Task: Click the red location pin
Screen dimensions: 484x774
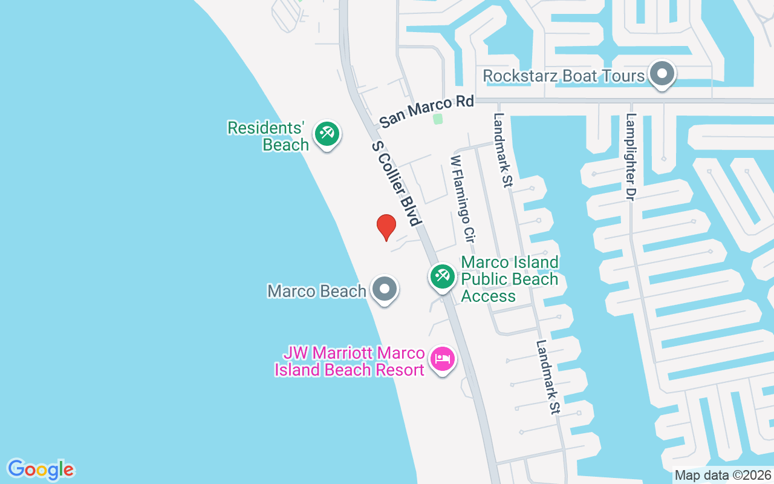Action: point(386,227)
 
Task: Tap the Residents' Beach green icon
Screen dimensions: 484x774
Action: point(327,133)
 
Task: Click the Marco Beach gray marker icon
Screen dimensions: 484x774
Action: point(384,290)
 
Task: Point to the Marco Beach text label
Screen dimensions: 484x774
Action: point(317,291)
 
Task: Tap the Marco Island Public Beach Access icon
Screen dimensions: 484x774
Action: point(442,276)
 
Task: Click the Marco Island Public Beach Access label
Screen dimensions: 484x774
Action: point(510,279)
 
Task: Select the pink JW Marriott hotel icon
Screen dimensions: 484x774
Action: point(443,359)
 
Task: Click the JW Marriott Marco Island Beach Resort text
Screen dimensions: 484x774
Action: point(350,361)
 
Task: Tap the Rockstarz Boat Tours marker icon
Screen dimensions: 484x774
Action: point(662,74)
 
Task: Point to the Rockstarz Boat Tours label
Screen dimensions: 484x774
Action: point(564,76)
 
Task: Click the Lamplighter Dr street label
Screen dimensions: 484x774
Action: point(631,157)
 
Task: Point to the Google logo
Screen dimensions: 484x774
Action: point(41,469)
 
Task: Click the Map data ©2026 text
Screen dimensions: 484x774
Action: point(723,475)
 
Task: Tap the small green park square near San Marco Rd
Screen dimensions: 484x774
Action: point(438,119)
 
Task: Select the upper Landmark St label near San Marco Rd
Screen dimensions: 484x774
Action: point(501,151)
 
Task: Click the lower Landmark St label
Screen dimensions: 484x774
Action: point(548,376)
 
